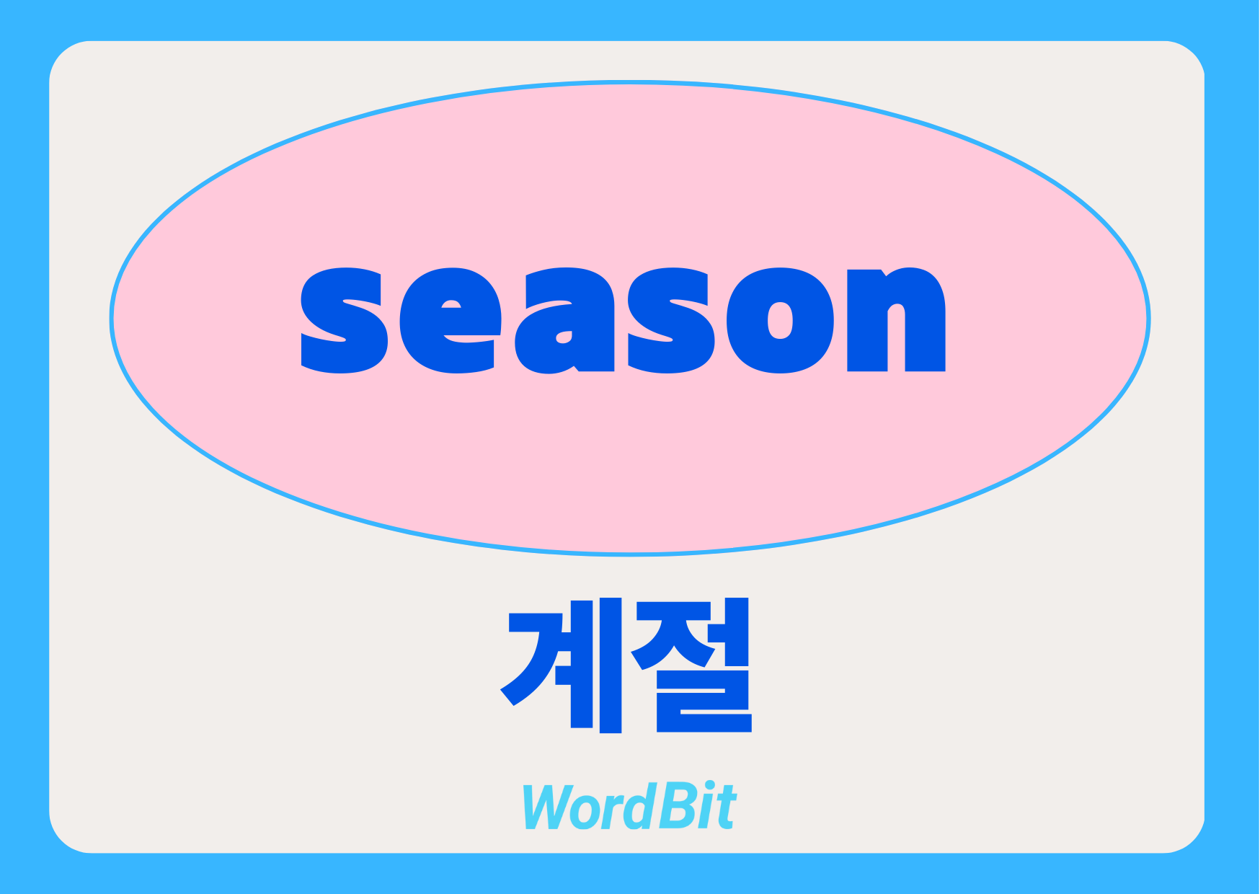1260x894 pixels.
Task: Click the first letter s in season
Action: pos(344,321)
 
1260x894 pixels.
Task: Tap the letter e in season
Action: pos(450,321)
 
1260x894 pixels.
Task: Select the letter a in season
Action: pos(565,321)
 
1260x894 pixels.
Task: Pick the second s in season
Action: pos(671,321)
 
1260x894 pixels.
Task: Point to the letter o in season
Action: pos(781,321)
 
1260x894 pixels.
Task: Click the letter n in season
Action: pos(896,319)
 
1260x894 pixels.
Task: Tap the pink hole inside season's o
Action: pos(781,320)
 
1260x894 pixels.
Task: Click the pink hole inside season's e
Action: pos(451,304)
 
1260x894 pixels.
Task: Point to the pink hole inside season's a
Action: pos(564,337)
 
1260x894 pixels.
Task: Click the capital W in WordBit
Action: pos(551,807)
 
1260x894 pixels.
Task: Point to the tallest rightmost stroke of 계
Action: pos(611,665)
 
